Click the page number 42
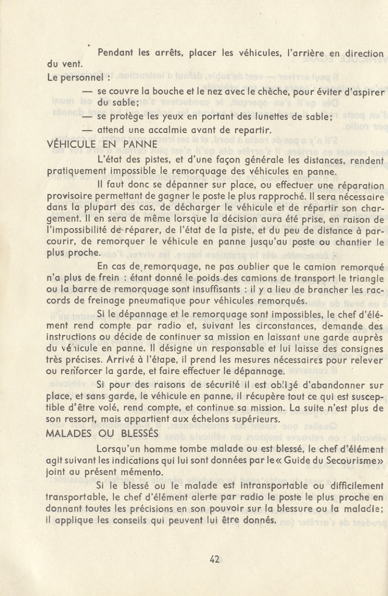click(x=215, y=558)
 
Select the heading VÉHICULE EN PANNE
click(x=102, y=144)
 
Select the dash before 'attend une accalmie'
click(x=87, y=130)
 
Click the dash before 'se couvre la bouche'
click(x=87, y=91)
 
